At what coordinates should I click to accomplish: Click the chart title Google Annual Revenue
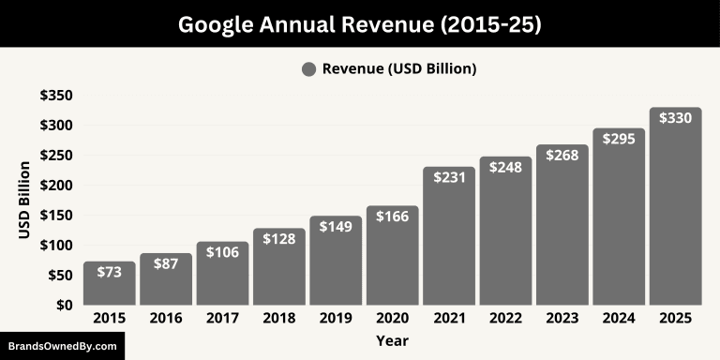coord(360,24)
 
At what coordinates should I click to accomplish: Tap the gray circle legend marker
coord(309,68)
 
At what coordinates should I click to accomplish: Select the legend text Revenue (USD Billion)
coord(399,68)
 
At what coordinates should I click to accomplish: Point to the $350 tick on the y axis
coord(56,96)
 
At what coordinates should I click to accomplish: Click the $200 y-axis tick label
coord(56,186)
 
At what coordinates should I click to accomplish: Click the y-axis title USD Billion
coord(24,200)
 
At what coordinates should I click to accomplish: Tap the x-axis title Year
coord(392,340)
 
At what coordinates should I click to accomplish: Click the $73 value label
coord(110,273)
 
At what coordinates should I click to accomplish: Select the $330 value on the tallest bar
coord(675,118)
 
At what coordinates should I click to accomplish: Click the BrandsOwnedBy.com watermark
coord(62,346)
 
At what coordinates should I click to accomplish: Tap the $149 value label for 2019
coord(336,227)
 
